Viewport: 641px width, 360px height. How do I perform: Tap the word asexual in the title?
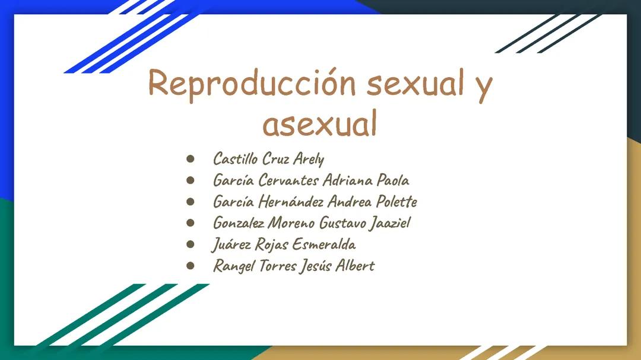point(320,124)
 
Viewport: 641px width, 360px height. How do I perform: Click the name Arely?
point(308,159)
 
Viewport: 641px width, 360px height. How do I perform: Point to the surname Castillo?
point(235,159)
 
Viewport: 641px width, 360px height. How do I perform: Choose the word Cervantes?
point(288,180)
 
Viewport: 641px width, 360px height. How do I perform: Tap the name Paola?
point(393,180)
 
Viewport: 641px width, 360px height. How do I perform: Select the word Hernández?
point(291,202)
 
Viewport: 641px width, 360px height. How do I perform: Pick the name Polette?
point(396,202)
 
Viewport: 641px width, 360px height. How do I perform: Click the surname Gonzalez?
point(239,223)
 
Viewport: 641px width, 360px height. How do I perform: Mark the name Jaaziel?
point(389,224)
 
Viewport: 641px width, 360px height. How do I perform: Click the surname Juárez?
point(231,244)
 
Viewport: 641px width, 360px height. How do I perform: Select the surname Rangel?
point(234,266)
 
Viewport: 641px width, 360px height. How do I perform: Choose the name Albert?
point(355,265)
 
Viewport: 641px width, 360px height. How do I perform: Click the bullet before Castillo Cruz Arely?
point(191,159)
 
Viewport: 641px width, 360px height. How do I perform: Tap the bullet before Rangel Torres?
point(191,266)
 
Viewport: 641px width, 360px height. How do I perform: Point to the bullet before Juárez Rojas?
point(191,244)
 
